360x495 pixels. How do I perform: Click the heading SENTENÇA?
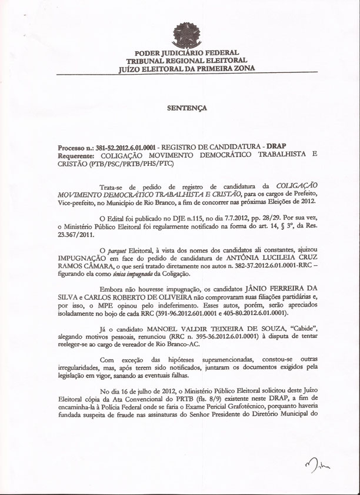click(186, 108)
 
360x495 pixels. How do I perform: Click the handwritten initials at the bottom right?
click(318, 466)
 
